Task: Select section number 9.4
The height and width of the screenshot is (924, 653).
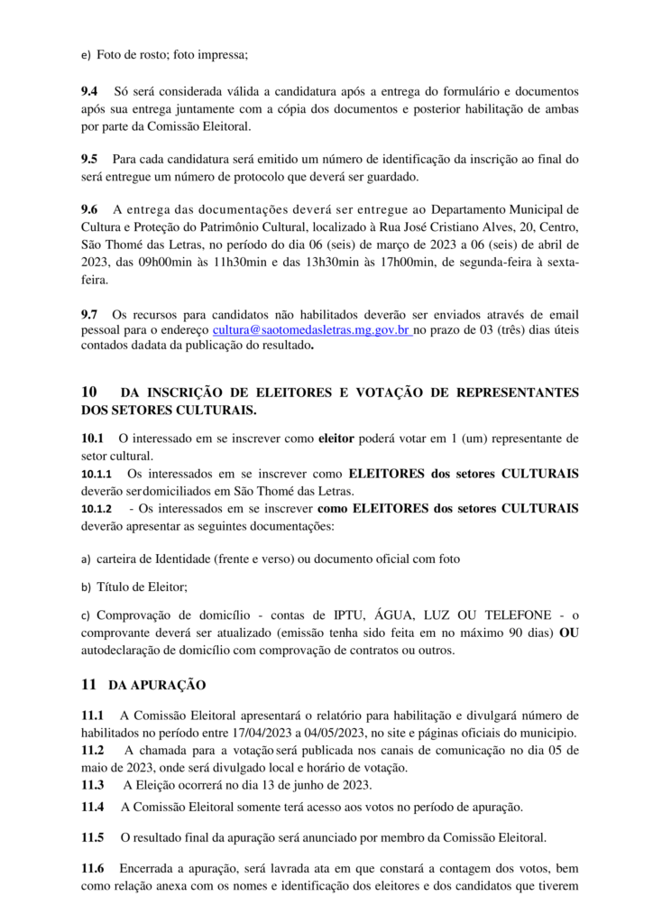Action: click(90, 92)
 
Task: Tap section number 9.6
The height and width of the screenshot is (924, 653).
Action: click(90, 210)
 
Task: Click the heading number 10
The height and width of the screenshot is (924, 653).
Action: click(89, 393)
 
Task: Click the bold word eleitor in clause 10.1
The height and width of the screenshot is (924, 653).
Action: click(337, 439)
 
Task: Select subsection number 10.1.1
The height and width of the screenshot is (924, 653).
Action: click(97, 474)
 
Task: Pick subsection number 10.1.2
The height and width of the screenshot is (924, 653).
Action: click(97, 509)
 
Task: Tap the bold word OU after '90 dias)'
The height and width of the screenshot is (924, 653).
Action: click(568, 633)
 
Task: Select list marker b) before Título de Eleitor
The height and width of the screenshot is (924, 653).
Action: click(87, 587)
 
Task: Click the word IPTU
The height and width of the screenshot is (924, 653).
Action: click(372, 615)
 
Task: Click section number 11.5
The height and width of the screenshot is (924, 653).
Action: click(92, 837)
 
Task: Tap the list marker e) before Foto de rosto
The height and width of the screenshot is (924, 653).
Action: click(87, 55)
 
